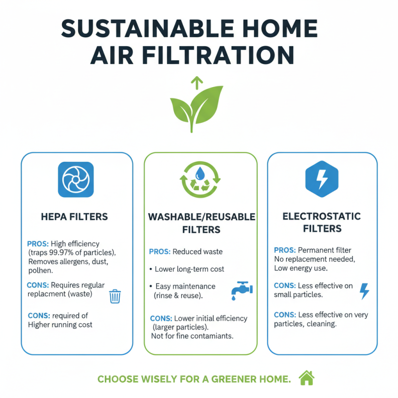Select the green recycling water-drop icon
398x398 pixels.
point(200,179)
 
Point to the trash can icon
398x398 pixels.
point(115,296)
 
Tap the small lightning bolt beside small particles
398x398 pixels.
point(364,291)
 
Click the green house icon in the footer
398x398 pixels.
point(306,379)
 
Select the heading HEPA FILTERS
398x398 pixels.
point(75,217)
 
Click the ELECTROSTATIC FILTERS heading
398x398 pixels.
point(322,223)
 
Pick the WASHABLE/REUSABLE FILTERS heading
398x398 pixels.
point(201,223)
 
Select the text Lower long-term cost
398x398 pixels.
point(189,269)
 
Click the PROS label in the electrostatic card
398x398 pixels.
point(285,250)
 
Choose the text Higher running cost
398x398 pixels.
point(60,324)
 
